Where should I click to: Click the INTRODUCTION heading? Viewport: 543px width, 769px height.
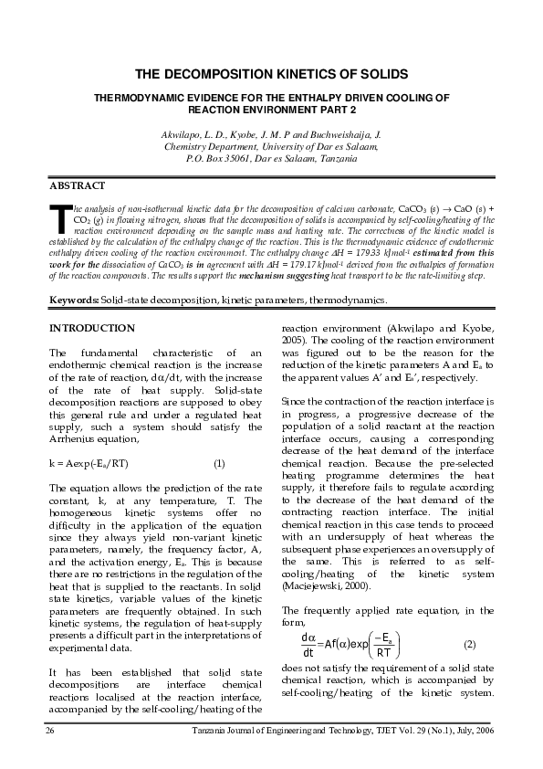[x=91, y=327]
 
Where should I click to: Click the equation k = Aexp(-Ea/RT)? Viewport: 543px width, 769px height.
[x=96, y=464]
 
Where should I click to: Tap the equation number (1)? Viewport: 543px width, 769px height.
[x=219, y=464]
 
